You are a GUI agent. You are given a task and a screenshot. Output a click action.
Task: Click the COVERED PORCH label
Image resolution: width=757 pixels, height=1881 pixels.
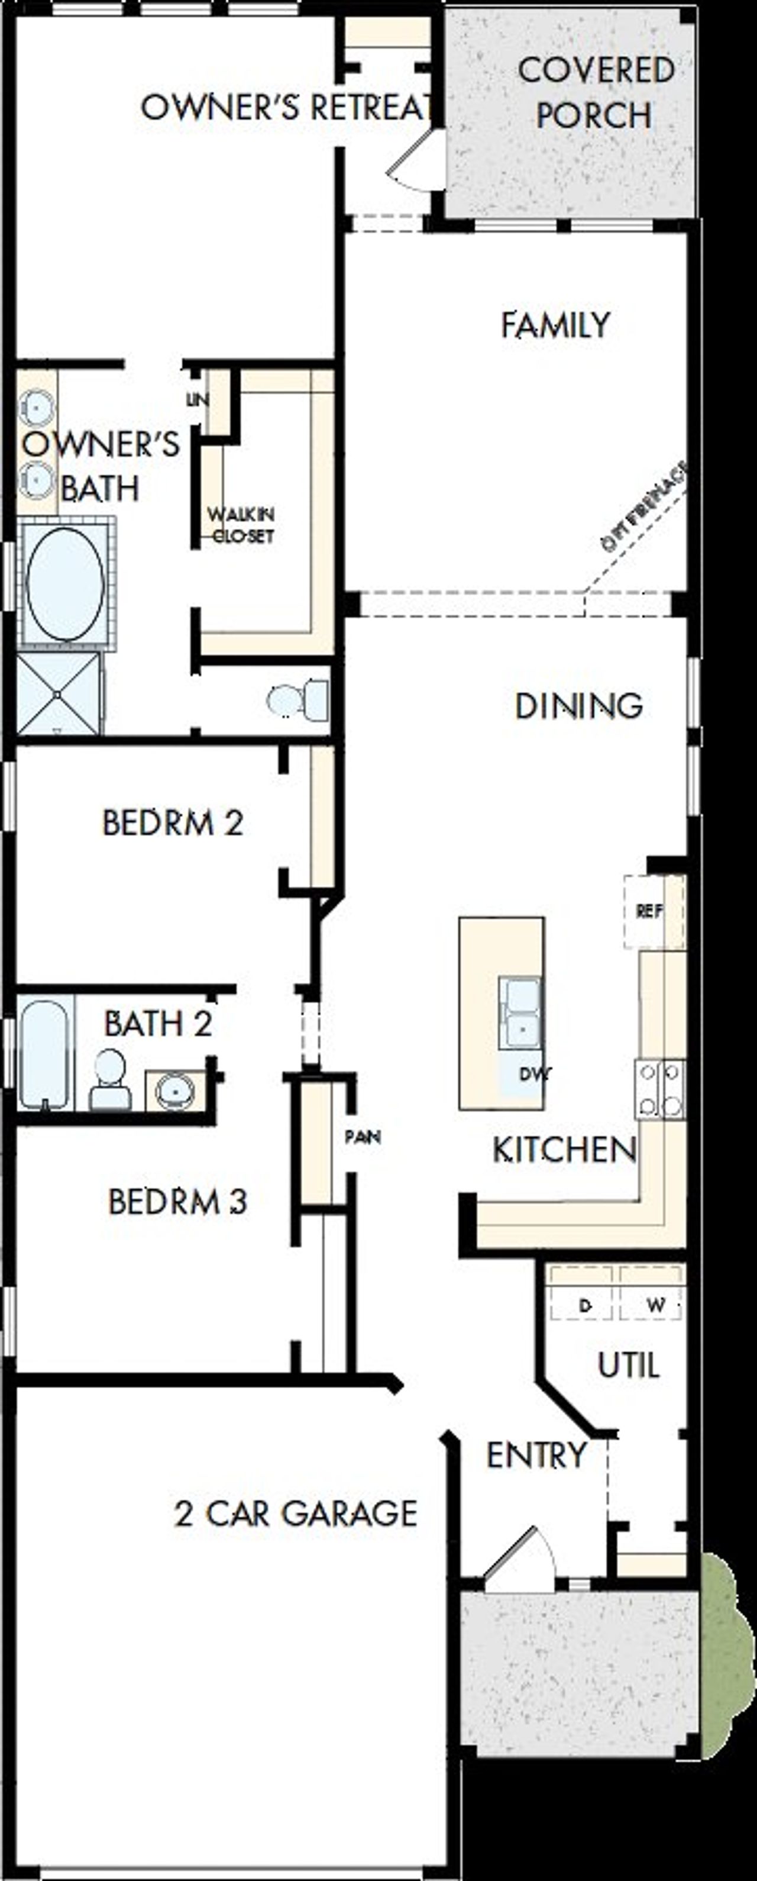coord(594,93)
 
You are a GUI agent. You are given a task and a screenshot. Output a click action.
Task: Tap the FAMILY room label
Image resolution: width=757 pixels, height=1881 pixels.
coord(555,325)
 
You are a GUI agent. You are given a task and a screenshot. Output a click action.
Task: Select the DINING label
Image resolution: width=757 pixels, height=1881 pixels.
coord(579,706)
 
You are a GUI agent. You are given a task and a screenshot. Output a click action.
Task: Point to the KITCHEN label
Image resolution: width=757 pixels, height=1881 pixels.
coord(564,1150)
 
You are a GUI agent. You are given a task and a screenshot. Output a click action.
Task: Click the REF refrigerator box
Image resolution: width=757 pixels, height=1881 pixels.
coord(650,911)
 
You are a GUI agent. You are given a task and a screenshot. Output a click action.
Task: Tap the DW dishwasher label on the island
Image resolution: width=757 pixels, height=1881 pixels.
coord(535,1074)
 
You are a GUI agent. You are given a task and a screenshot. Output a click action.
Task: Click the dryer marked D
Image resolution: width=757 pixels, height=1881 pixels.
coord(584,1305)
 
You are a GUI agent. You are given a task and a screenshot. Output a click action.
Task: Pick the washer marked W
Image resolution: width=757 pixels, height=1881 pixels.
coord(655,1305)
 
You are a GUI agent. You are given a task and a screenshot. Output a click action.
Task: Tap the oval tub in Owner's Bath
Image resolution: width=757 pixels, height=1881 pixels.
coord(65,583)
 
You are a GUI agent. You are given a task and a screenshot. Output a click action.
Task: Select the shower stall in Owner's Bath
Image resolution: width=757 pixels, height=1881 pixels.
coord(59,693)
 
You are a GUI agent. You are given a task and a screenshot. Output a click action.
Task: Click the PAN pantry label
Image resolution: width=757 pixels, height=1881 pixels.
coord(363,1137)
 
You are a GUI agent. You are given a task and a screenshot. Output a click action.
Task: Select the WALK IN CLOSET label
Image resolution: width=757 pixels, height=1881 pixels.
coord(241,525)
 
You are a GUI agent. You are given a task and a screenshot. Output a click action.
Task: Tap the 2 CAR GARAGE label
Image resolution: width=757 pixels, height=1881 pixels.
coord(296,1512)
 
